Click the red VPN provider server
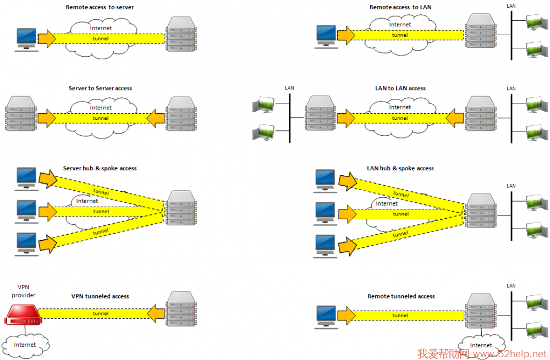click(x=23, y=315)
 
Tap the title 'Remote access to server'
click(x=100, y=7)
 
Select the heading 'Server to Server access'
click(x=100, y=88)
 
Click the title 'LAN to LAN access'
click(x=400, y=88)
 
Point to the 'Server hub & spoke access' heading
click(x=100, y=168)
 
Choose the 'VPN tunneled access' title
click(x=100, y=296)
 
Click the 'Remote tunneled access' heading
click(x=401, y=296)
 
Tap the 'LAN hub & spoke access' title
click(x=400, y=168)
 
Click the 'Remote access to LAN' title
click(x=400, y=7)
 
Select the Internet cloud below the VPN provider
click(x=25, y=345)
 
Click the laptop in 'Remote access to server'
click(x=26, y=40)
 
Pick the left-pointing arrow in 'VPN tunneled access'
click(x=156, y=313)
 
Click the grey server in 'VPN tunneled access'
click(x=182, y=309)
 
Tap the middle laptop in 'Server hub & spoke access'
click(x=26, y=212)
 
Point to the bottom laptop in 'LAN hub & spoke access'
click(x=325, y=246)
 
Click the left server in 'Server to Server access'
click(x=21, y=114)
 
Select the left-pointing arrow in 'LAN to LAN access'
click(x=455, y=118)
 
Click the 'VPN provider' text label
click(x=24, y=291)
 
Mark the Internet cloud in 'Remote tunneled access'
click(x=481, y=346)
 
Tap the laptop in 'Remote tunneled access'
click(x=326, y=317)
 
